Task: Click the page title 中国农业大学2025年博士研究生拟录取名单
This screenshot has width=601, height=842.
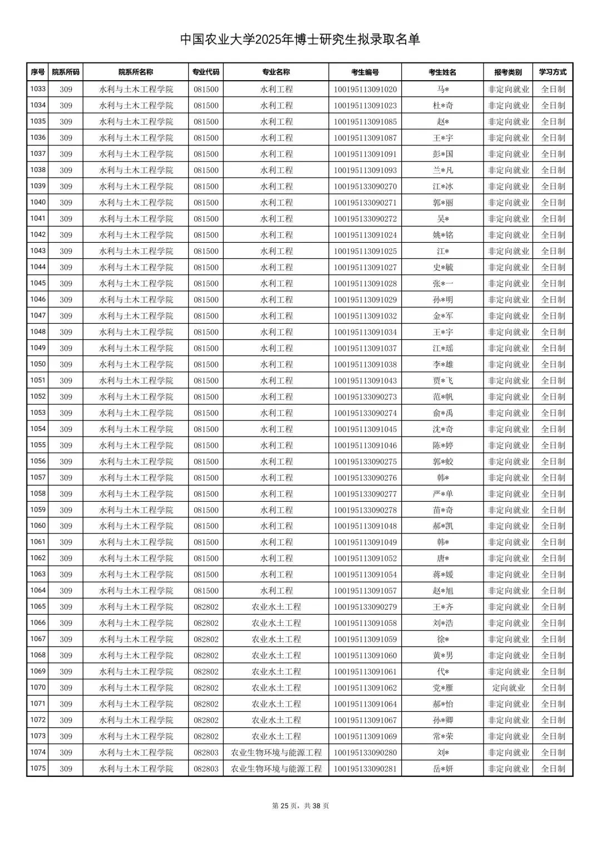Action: point(300,40)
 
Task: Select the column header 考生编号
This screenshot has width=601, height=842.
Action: point(365,72)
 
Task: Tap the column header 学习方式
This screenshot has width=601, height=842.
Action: point(553,72)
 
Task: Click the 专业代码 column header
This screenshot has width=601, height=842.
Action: point(206,72)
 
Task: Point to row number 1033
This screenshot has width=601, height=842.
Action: point(38,89)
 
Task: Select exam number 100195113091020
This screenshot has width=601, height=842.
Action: point(365,89)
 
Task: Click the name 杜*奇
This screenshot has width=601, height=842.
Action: point(443,105)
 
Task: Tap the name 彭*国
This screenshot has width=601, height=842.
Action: point(443,154)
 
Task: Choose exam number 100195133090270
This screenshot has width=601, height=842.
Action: point(365,187)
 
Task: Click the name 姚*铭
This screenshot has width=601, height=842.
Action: point(443,235)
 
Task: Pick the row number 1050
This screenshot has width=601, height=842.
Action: point(38,364)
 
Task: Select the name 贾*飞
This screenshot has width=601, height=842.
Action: point(443,380)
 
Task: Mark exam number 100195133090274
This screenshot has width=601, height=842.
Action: point(365,413)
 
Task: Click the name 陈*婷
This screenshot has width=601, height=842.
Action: point(443,446)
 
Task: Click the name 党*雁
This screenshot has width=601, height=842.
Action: point(443,688)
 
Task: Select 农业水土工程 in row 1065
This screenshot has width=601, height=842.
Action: point(276,607)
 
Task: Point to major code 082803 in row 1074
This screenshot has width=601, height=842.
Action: point(206,752)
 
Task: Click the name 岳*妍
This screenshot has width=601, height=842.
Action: point(443,768)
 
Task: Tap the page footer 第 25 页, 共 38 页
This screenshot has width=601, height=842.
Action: point(300,806)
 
